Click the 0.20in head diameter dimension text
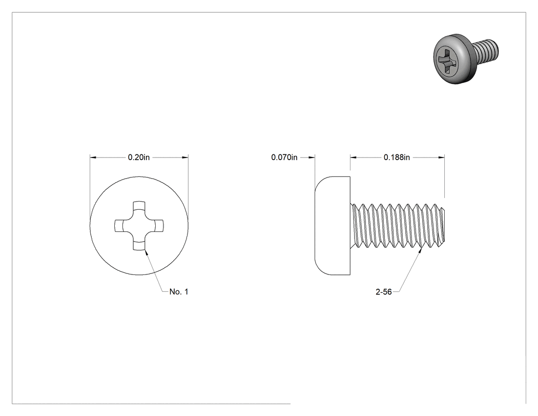[139, 157]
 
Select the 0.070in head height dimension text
[284, 157]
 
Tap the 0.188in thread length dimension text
[397, 157]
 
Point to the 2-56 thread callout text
[384, 292]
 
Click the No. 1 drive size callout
[179, 292]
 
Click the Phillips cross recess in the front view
[139, 226]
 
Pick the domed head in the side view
[333, 226]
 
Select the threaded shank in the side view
[398, 226]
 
